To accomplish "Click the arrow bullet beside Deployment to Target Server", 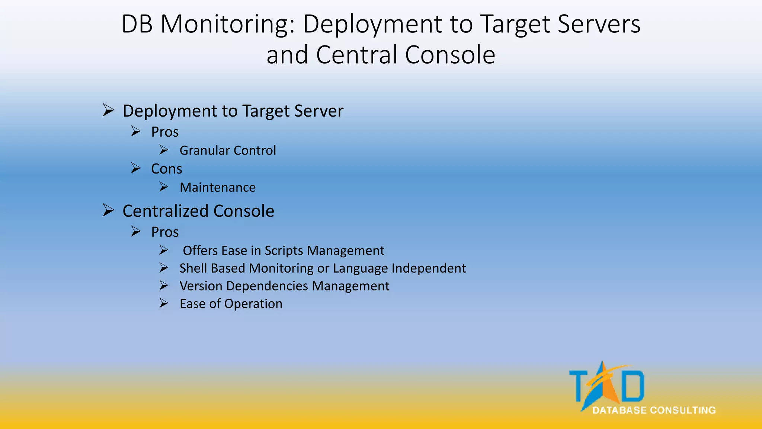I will (108, 110).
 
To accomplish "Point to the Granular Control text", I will (228, 150).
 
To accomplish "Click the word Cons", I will (166, 169).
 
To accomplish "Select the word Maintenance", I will (218, 187).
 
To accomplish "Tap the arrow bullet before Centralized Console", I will (108, 210).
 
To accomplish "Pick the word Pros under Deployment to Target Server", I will (165, 132).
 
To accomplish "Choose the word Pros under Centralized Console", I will (165, 232).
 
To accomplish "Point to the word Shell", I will (193, 268).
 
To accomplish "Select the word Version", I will (201, 286).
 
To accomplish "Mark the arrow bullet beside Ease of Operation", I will (164, 304).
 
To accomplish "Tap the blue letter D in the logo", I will (633, 386).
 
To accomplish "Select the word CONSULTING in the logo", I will (683, 410).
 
